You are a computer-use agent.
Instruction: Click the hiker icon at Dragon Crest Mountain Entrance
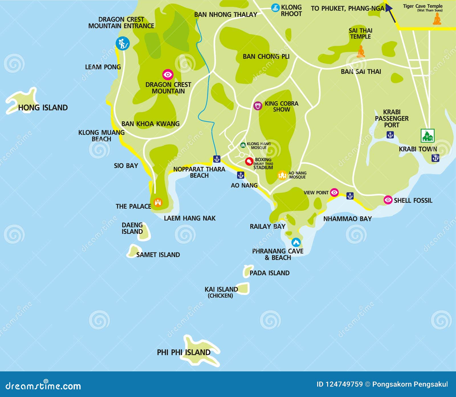tap(123, 44)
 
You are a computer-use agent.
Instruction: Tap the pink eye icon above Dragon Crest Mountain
tap(168, 75)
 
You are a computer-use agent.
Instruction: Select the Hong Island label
tap(43, 108)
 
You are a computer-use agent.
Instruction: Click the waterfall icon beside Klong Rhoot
tap(275, 8)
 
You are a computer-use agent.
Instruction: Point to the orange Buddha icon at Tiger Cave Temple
tap(437, 19)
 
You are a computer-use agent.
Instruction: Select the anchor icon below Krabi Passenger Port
tap(390, 135)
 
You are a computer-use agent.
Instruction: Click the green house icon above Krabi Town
tap(427, 136)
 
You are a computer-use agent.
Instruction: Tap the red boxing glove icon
tap(249, 161)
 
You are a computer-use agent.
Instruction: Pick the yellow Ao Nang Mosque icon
tap(282, 175)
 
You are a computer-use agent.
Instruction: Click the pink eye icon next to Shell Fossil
tap(388, 200)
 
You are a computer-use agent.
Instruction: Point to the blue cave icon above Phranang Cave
tap(296, 242)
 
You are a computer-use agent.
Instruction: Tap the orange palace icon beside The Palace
tap(158, 202)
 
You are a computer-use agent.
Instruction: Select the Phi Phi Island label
tap(184, 352)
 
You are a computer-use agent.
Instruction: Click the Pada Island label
tap(269, 273)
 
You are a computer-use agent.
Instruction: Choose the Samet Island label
tap(158, 255)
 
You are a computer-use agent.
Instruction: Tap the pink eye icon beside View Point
tap(334, 193)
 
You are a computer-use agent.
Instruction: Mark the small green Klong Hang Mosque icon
tap(243, 145)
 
